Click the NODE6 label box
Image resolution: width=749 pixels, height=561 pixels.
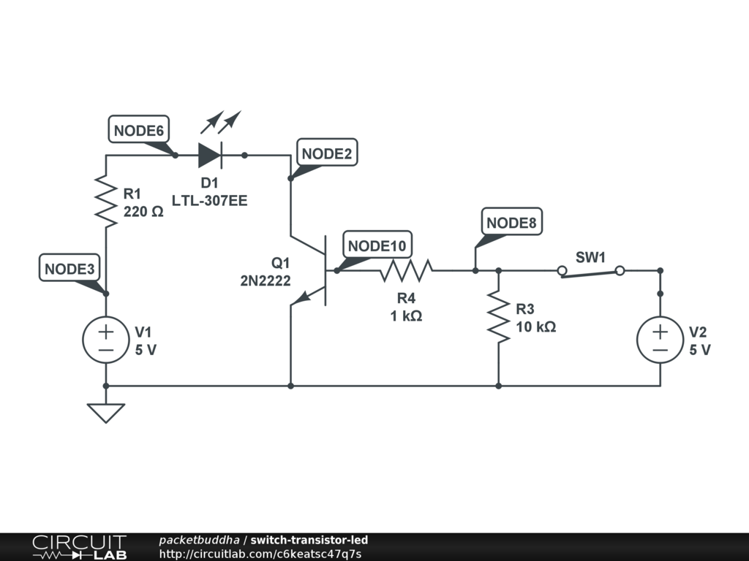138,129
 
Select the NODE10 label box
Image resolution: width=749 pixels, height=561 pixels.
377,245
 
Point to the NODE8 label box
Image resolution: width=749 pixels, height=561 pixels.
511,221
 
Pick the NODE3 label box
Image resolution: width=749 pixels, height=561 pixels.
69,267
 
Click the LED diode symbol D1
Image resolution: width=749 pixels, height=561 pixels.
210,155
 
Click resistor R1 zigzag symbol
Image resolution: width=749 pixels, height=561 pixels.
106,201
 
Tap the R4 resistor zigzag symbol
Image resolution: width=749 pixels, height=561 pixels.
406,270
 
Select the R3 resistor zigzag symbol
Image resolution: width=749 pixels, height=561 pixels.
498,317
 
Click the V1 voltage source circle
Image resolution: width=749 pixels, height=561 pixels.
106,340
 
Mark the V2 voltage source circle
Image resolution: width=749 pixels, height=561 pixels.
660,340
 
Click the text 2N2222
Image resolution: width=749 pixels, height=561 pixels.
265,280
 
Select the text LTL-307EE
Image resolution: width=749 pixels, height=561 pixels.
210,201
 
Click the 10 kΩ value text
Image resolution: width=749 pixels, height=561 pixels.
536,327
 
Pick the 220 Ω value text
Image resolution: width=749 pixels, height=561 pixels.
143,212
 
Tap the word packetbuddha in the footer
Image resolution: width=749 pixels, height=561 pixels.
199,541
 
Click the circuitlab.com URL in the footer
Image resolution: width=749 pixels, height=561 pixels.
260,554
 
